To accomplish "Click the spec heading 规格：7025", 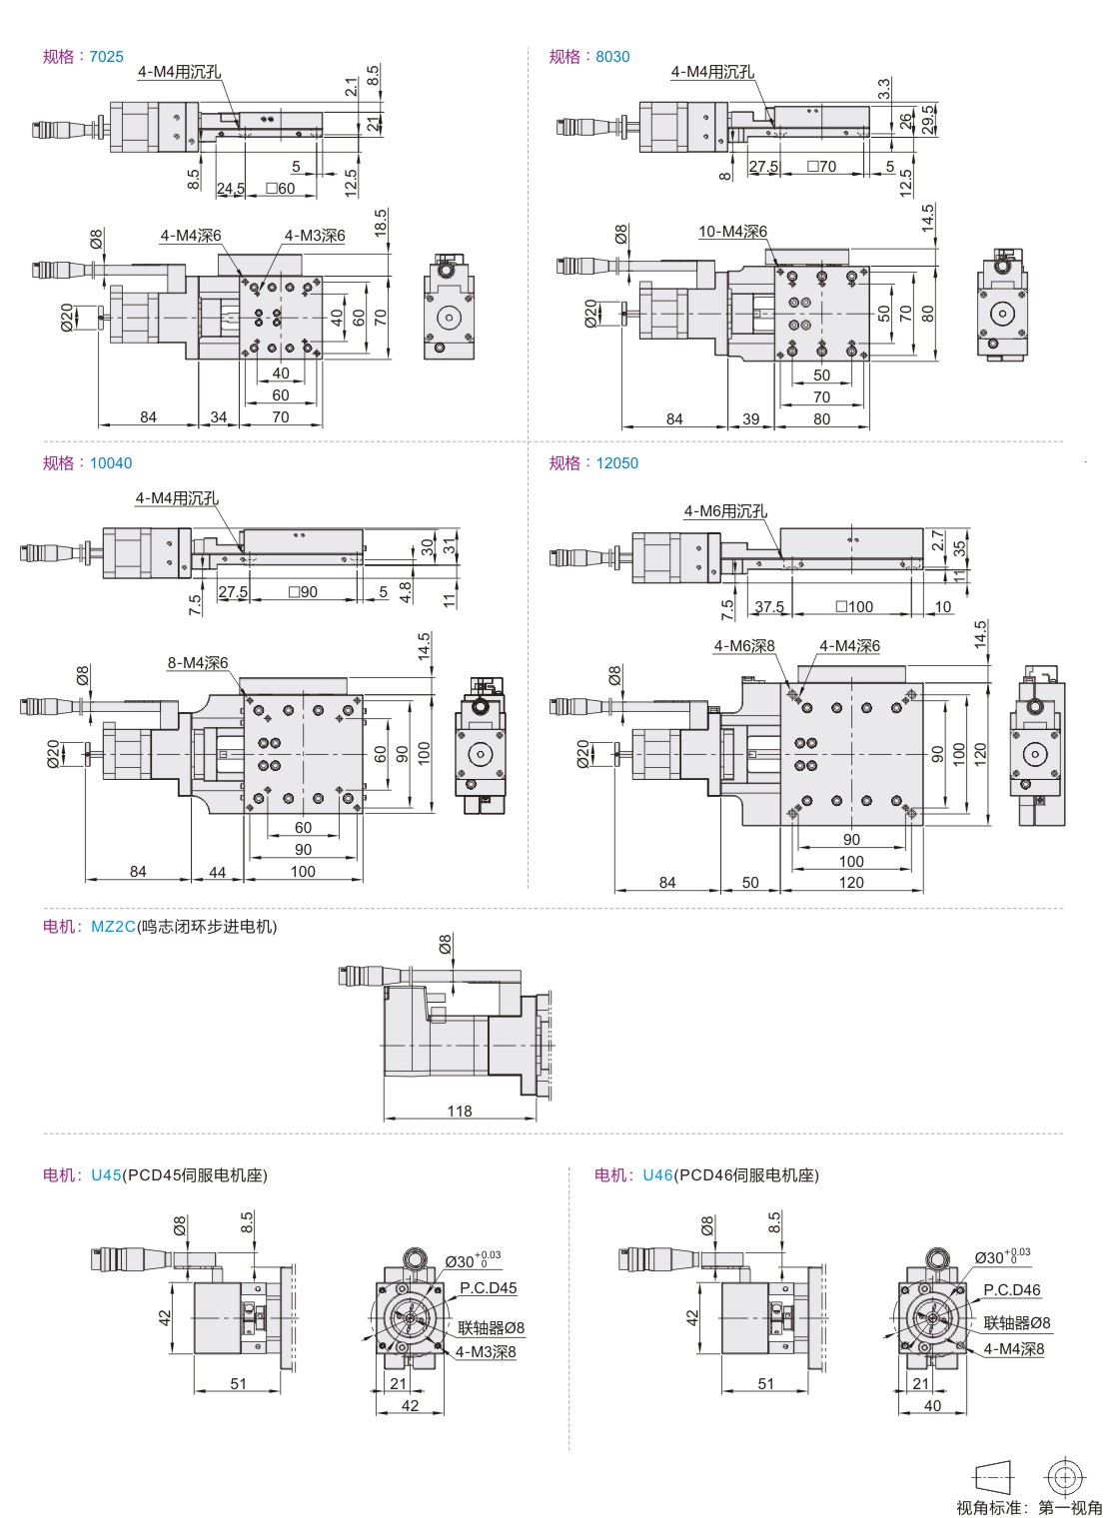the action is [83, 56].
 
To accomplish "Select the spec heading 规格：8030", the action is [589, 56].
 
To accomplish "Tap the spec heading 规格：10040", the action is [87, 462].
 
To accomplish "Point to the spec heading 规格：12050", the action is [593, 462].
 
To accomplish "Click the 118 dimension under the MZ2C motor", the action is [459, 1111].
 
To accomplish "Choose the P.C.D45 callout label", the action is [489, 1287].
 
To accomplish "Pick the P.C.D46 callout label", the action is [1011, 1289].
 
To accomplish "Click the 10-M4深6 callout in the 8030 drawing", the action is [732, 232].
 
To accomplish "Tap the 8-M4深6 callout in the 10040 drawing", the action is [198, 663].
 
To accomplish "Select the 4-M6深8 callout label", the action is [744, 646].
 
